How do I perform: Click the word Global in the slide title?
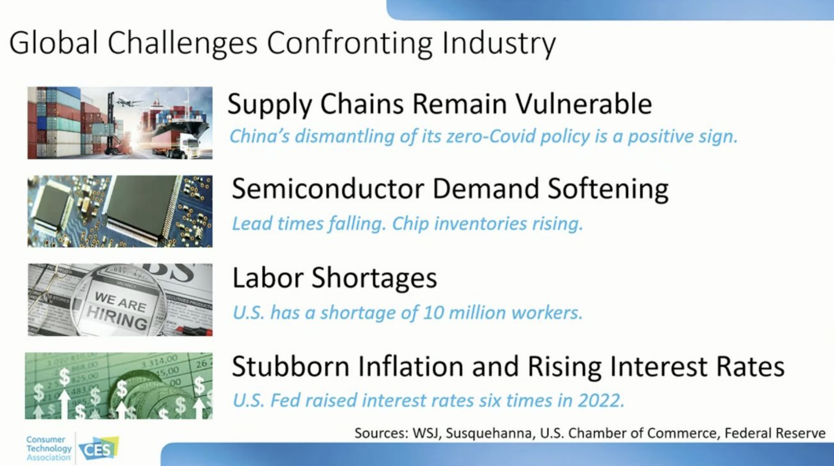pos(53,43)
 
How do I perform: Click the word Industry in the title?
pos(499,45)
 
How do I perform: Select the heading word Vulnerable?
pos(584,104)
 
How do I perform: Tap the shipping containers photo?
pos(120,123)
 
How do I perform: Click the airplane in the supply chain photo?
pos(129,102)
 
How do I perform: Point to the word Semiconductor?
pos(328,189)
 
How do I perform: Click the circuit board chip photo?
pos(120,212)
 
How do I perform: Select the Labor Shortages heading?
pos(334,278)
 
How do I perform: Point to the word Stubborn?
pos(290,366)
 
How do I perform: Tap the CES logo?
pos(99,449)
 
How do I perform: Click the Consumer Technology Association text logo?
pos(48,449)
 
